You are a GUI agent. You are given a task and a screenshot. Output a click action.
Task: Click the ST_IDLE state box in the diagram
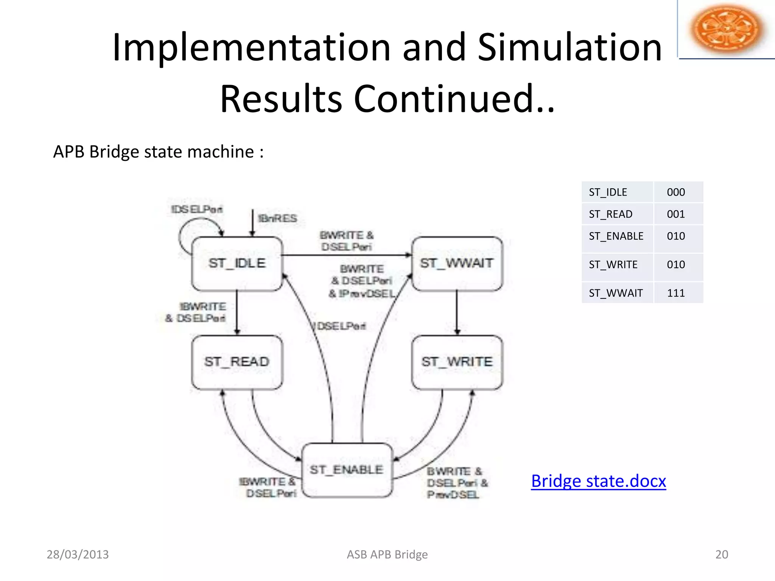click(x=237, y=263)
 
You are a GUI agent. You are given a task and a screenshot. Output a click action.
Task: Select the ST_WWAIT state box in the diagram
click(x=457, y=263)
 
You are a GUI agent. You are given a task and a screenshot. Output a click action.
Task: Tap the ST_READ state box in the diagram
click(x=237, y=362)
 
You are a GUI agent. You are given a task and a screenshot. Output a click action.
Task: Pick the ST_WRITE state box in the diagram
click(x=457, y=362)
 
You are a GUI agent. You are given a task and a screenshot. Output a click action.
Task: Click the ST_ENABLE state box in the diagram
click(x=347, y=470)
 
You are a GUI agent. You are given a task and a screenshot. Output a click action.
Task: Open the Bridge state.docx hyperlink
click(x=598, y=481)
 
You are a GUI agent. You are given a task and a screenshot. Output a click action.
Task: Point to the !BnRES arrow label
click(x=277, y=219)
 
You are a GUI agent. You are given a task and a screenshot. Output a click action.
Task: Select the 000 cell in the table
click(x=676, y=192)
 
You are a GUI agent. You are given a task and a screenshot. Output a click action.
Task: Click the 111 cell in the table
click(x=676, y=293)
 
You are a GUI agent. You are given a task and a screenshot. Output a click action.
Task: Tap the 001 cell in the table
click(x=676, y=214)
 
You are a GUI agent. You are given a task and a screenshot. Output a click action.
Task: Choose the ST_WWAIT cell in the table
click(x=616, y=293)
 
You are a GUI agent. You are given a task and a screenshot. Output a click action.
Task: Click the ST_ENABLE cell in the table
click(x=616, y=236)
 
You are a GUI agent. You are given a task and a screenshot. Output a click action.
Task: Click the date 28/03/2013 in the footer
click(x=78, y=555)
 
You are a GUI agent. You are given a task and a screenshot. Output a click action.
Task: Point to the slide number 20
click(x=721, y=555)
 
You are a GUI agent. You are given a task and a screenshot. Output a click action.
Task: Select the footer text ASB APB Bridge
click(x=387, y=555)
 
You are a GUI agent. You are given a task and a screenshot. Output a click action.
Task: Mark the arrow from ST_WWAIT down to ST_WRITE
click(x=457, y=312)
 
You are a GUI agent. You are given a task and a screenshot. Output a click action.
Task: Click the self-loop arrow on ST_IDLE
click(x=181, y=236)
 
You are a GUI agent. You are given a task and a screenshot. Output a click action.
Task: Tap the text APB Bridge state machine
click(x=158, y=152)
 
